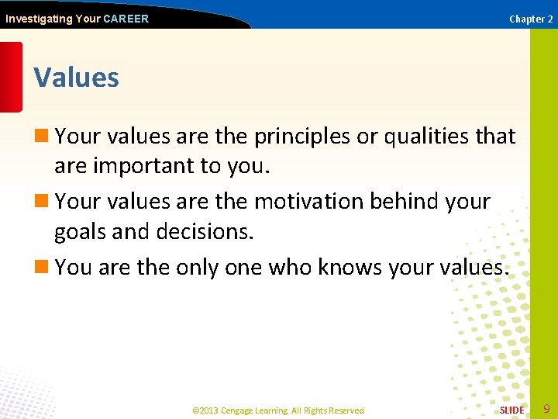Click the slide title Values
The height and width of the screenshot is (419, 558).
pyautogui.click(x=76, y=78)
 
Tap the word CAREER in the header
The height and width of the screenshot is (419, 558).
pyautogui.click(x=126, y=19)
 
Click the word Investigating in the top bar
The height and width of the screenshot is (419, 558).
pyautogui.click(x=37, y=19)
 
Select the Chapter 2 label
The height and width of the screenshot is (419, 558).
pyautogui.click(x=531, y=19)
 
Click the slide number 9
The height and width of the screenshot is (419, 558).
pyautogui.click(x=546, y=409)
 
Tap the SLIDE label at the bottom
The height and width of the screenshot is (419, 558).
pyautogui.click(x=511, y=410)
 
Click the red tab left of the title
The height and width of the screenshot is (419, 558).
pyautogui.click(x=11, y=77)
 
